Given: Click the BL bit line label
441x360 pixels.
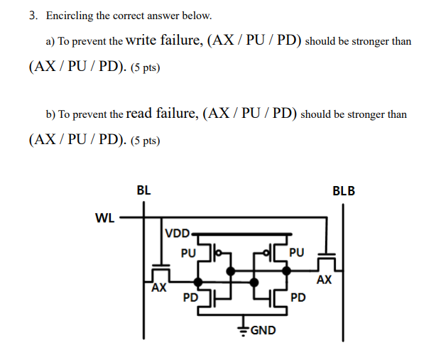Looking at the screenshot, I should point(143,190).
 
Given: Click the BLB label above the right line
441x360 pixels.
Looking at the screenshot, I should point(343,190).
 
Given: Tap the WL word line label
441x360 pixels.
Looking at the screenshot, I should point(104,218).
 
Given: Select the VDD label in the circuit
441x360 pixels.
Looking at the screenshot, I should point(177,233).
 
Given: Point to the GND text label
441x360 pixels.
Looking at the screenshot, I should point(262,330).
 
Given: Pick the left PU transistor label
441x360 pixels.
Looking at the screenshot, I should point(187,252).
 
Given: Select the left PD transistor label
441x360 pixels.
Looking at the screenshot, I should point(190,297).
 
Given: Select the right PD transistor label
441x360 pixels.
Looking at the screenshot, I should point(298,297).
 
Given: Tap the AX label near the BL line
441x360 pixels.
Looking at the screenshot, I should point(158,288).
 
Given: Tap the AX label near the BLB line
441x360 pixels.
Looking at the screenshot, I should point(324,280).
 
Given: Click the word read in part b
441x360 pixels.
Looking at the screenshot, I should point(140,113).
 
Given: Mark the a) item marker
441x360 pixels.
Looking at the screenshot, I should point(50,42).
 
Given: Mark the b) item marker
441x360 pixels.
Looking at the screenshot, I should point(50,114).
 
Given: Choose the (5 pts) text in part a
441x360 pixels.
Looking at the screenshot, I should point(146,69).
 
